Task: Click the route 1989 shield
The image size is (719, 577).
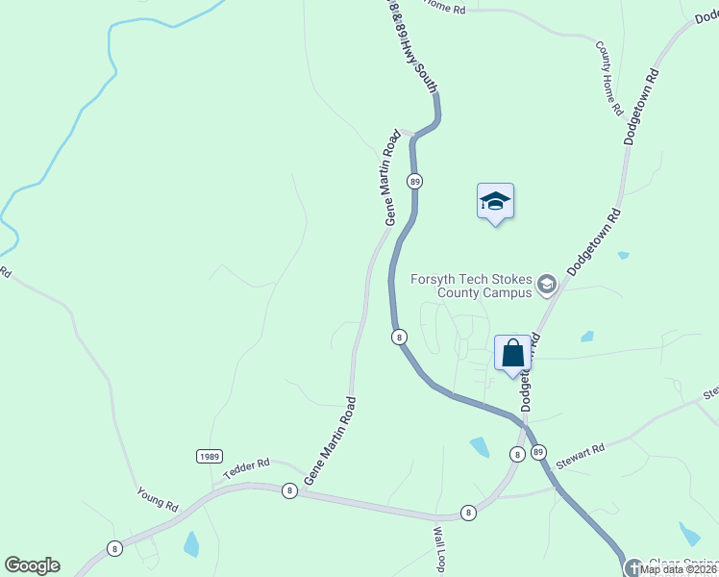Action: (x=210, y=455)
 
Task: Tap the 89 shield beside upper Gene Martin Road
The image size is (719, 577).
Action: (x=414, y=181)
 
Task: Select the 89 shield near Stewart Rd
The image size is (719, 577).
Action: (x=537, y=452)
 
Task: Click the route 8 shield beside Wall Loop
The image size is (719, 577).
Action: (x=468, y=514)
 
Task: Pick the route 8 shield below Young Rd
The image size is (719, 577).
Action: (x=115, y=548)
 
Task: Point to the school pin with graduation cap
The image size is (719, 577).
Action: (x=495, y=202)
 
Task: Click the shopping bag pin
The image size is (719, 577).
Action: (x=513, y=353)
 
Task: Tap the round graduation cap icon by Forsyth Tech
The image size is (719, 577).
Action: (x=547, y=284)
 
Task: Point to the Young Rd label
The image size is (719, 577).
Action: (x=158, y=498)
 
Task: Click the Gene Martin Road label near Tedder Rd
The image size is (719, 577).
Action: (x=330, y=440)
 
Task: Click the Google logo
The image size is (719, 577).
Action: (x=32, y=565)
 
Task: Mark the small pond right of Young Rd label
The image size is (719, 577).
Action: (x=191, y=544)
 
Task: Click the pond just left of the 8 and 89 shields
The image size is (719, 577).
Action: (x=480, y=446)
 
